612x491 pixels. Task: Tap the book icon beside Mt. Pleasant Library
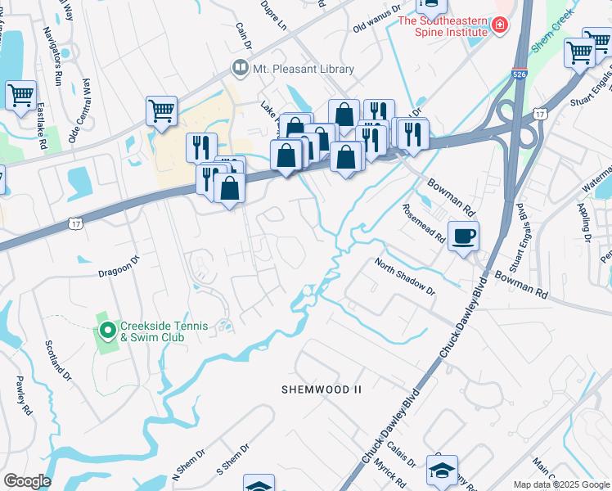(x=241, y=69)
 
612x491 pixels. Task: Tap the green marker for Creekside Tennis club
(x=107, y=331)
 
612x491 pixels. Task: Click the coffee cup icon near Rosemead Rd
(x=464, y=236)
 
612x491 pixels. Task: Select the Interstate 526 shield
(x=520, y=74)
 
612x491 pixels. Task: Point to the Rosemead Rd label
(x=423, y=223)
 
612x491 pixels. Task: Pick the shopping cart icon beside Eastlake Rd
(x=20, y=94)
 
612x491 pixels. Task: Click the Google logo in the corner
(x=27, y=481)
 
